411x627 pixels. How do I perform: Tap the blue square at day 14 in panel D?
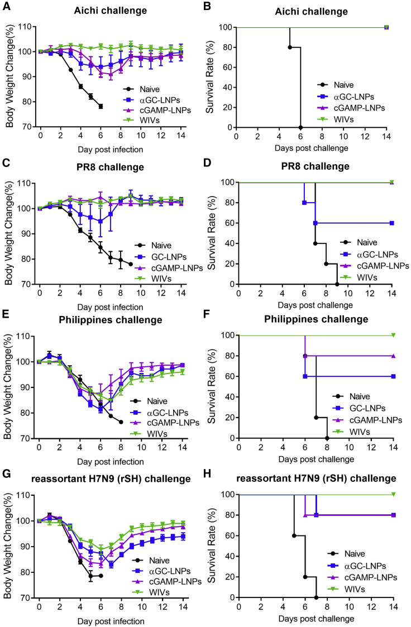392,223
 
